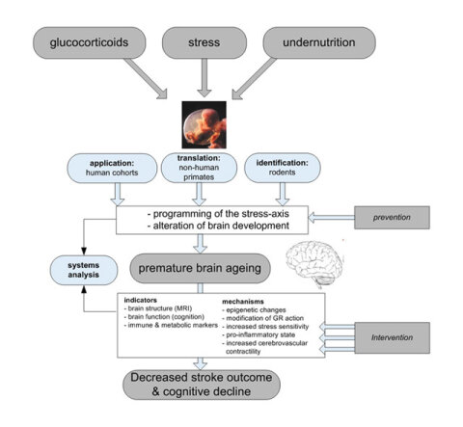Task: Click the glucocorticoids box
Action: point(89,42)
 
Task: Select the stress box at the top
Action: point(204,42)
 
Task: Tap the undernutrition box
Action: point(319,42)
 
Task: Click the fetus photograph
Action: point(204,124)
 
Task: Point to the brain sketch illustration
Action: point(314,264)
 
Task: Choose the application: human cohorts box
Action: point(112,168)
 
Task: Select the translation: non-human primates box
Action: point(199,168)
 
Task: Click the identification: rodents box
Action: point(283,168)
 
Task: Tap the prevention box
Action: point(392,218)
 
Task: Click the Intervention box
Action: point(392,337)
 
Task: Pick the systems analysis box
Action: point(84,270)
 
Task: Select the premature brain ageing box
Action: point(200,268)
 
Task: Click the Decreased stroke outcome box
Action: point(202,385)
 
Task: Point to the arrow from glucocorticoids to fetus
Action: point(146,78)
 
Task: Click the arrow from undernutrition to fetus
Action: point(254,78)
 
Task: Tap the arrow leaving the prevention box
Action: point(331,218)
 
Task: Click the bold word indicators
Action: point(141,300)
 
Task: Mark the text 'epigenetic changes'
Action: point(256,310)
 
